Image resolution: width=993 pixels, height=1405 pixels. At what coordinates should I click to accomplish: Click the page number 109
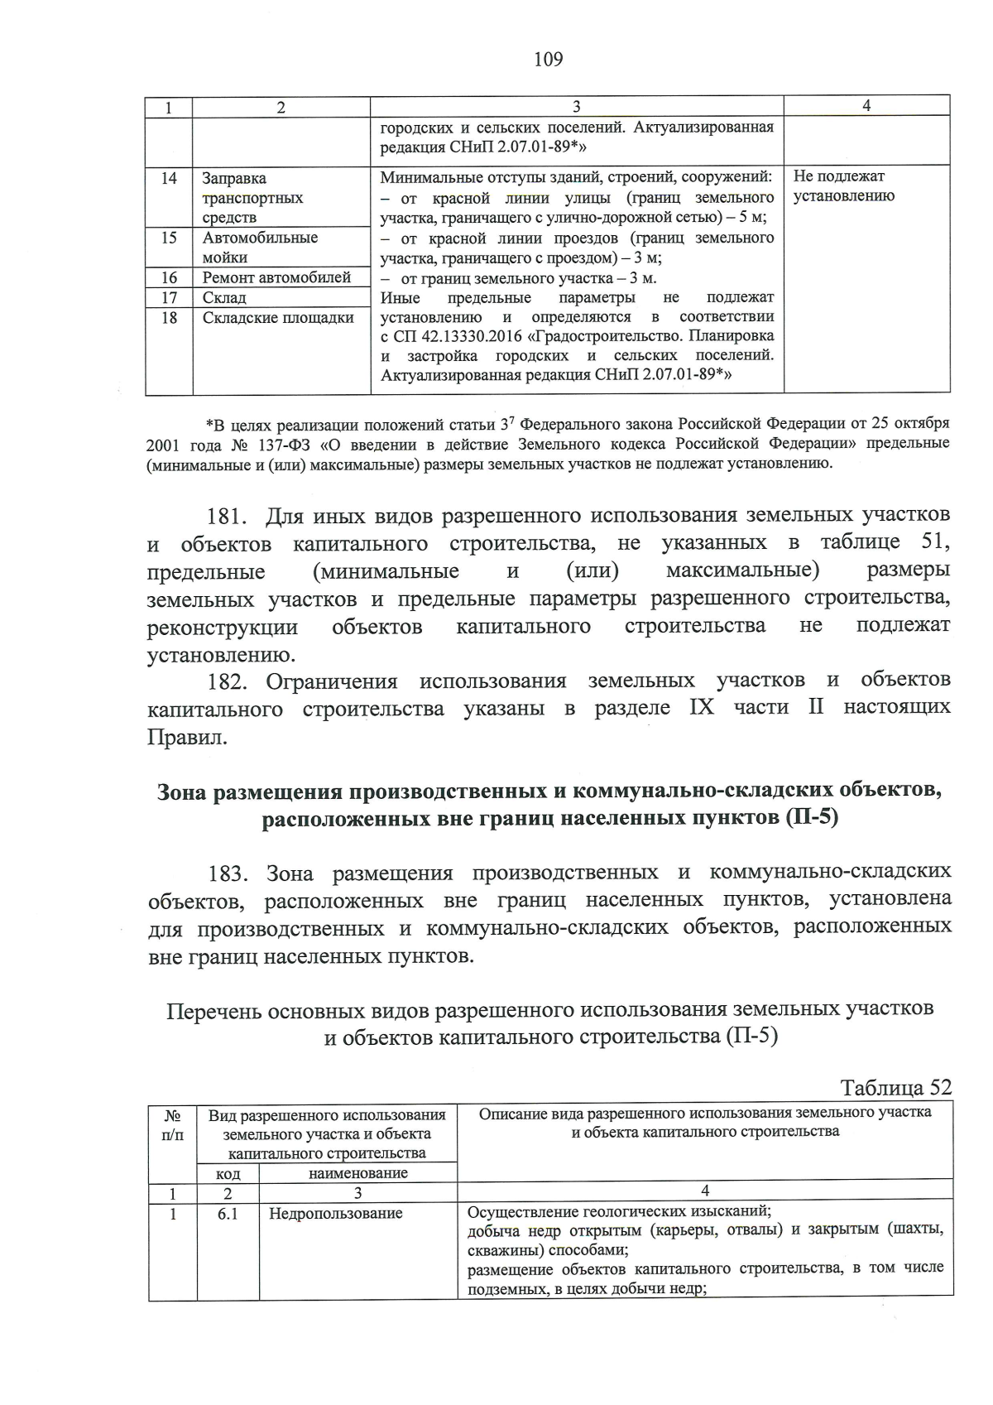tap(548, 59)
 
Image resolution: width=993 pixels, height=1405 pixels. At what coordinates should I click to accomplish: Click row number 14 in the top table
tap(169, 178)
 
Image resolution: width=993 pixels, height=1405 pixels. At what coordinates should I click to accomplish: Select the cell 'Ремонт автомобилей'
tap(276, 277)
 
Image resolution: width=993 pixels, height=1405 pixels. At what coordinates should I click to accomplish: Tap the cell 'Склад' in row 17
tap(224, 298)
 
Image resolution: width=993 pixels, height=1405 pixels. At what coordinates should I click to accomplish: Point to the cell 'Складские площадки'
tap(278, 318)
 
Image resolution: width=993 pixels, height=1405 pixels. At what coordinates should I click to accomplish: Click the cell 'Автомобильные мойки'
tap(260, 248)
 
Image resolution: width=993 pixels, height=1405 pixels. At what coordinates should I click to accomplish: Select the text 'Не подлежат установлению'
tap(843, 186)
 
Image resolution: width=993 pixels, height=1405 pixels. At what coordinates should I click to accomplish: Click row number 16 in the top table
tap(169, 277)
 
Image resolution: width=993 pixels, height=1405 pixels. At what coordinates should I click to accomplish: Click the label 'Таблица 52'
tap(895, 1087)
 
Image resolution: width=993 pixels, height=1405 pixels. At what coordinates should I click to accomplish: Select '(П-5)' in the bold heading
tap(808, 819)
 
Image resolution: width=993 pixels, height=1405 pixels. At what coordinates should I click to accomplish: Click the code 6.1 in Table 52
tap(228, 1214)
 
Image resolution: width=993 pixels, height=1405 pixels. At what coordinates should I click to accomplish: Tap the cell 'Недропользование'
tap(335, 1214)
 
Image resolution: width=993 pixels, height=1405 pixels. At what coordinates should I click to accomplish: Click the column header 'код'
tap(228, 1174)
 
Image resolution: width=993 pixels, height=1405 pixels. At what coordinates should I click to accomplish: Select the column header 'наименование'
tap(357, 1173)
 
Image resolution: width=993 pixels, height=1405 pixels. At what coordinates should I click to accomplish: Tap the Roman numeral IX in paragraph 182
tap(700, 708)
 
